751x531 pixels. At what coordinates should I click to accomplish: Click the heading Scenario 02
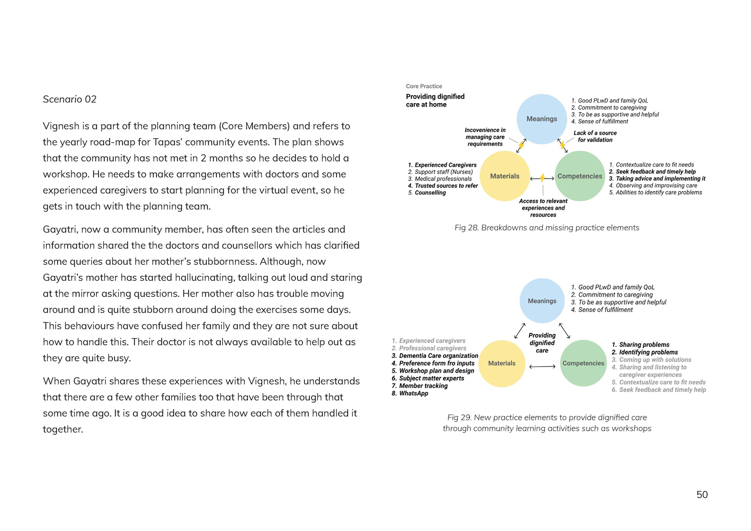[x=70, y=99]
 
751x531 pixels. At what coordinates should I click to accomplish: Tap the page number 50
[x=702, y=494]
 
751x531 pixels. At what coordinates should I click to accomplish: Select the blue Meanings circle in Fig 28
[x=542, y=119]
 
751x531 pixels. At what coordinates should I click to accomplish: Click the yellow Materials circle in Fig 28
[x=505, y=176]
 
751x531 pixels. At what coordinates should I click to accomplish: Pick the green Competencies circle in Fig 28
[x=580, y=176]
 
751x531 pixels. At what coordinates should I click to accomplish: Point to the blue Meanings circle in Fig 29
[x=542, y=301]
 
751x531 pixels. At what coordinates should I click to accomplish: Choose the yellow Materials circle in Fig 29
[x=502, y=363]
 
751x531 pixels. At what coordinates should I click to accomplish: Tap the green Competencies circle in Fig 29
[x=583, y=363]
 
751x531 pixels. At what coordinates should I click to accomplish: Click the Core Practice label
[x=424, y=86]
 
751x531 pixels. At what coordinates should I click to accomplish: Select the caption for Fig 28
[x=547, y=228]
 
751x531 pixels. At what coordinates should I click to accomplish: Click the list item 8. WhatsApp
[x=410, y=393]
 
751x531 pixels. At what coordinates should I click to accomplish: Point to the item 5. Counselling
[x=427, y=193]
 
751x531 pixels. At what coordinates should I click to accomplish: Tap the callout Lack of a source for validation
[x=595, y=136]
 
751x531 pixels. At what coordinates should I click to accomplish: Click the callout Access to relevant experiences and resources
[x=543, y=208]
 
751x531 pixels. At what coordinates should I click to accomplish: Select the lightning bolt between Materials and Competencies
[x=542, y=178]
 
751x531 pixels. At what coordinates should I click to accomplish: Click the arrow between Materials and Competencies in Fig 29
[x=542, y=367]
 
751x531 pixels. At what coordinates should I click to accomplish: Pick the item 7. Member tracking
[x=420, y=386]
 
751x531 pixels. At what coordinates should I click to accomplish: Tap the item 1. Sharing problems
[x=640, y=345]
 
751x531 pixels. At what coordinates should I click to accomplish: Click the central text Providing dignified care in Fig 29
[x=542, y=343]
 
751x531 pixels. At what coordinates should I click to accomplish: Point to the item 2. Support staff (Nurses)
[x=441, y=172]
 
